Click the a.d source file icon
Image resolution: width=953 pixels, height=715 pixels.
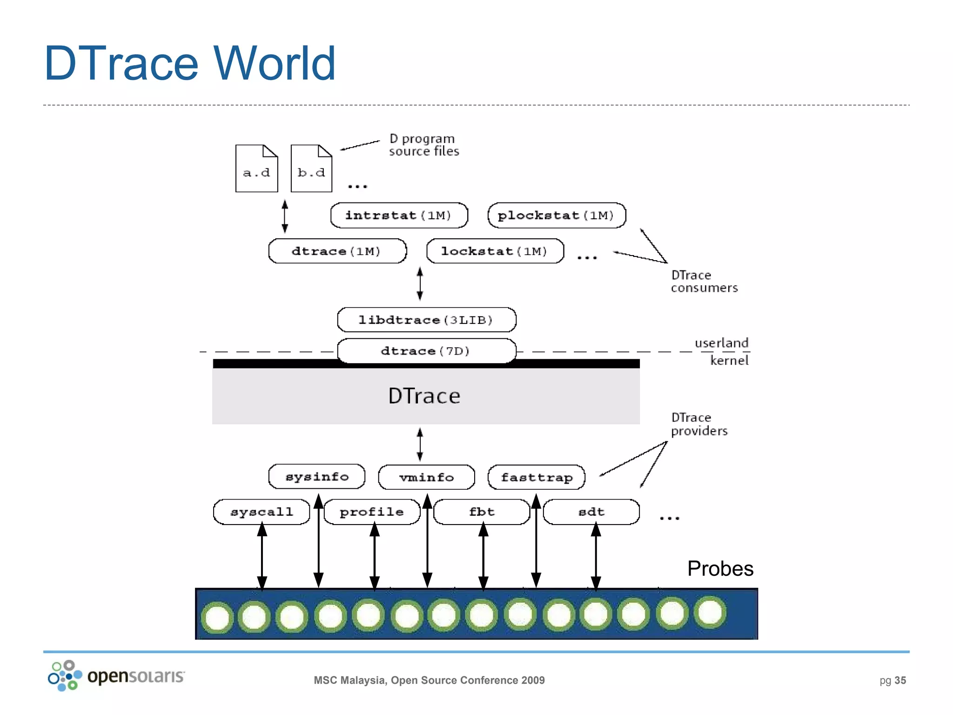pyautogui.click(x=256, y=169)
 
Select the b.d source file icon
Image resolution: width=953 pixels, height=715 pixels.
pyautogui.click(x=311, y=169)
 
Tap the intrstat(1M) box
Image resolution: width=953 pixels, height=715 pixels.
pyautogui.click(x=399, y=216)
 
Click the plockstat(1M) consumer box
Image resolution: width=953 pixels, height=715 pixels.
pyautogui.click(x=557, y=216)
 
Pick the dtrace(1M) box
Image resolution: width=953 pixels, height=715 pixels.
pyautogui.click(x=337, y=251)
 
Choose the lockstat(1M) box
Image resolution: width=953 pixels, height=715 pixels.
pyautogui.click(x=495, y=251)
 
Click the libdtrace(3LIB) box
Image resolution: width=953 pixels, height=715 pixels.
pyautogui.click(x=426, y=320)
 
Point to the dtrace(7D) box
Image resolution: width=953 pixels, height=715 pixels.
pyautogui.click(x=426, y=351)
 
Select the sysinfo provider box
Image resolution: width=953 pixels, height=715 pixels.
pyautogui.click(x=317, y=477)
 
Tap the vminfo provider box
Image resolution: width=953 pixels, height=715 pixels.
pyautogui.click(x=426, y=477)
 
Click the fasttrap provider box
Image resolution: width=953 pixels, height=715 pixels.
pyautogui.click(x=537, y=477)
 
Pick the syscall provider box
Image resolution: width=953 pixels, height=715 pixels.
pyautogui.click(x=262, y=512)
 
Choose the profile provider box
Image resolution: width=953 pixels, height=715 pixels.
pyautogui.click(x=372, y=512)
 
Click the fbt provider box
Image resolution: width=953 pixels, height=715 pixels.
pyautogui.click(x=482, y=512)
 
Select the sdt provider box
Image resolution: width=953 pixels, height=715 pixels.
pyautogui.click(x=591, y=512)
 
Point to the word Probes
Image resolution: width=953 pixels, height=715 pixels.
pyautogui.click(x=720, y=568)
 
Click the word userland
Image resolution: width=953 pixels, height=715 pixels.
pyautogui.click(x=721, y=343)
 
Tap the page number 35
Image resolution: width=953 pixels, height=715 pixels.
pyautogui.click(x=900, y=681)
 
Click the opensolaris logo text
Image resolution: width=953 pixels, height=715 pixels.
pyautogui.click(x=136, y=676)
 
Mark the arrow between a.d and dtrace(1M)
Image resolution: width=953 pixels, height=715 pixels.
pyautogui.click(x=285, y=216)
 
